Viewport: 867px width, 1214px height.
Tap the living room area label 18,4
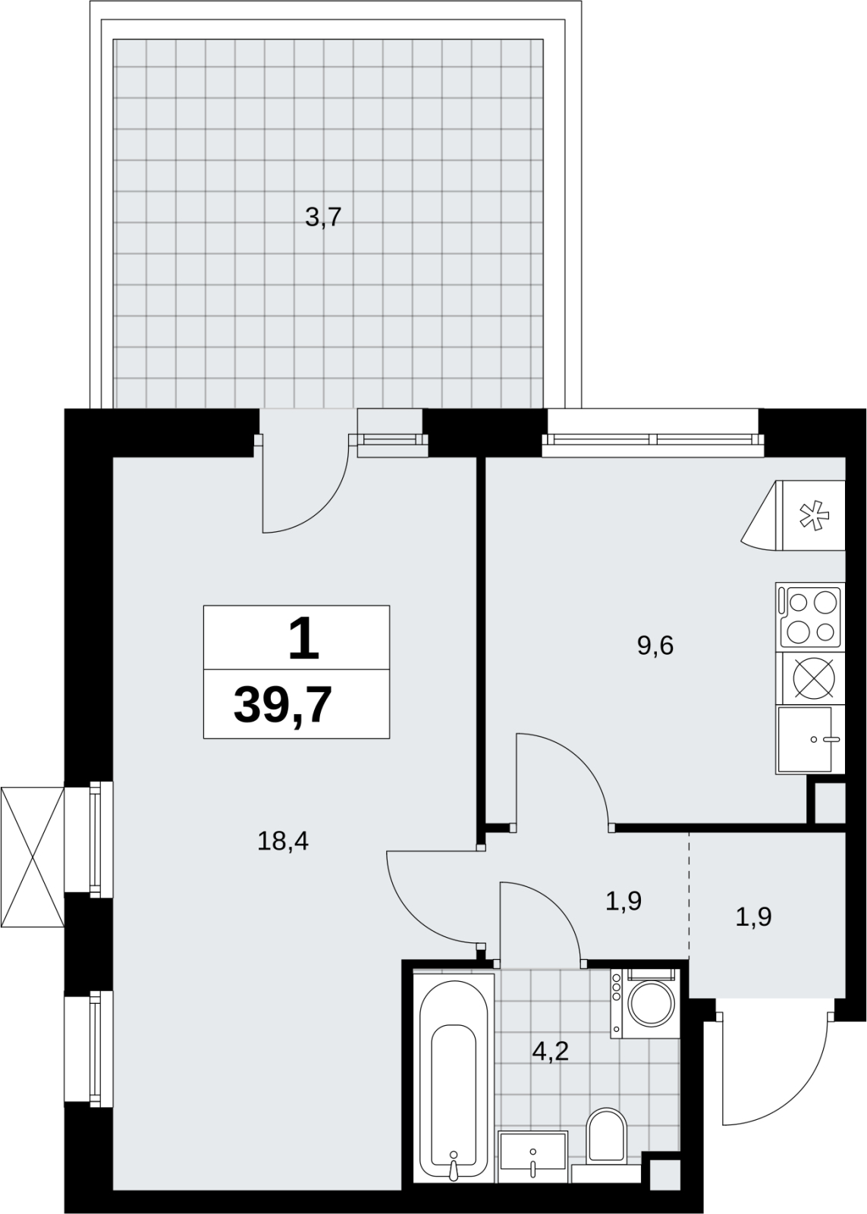point(283,841)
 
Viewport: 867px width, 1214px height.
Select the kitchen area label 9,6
point(655,646)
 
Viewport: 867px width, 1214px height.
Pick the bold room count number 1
point(303,639)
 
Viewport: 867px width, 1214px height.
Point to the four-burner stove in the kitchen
point(810,617)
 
